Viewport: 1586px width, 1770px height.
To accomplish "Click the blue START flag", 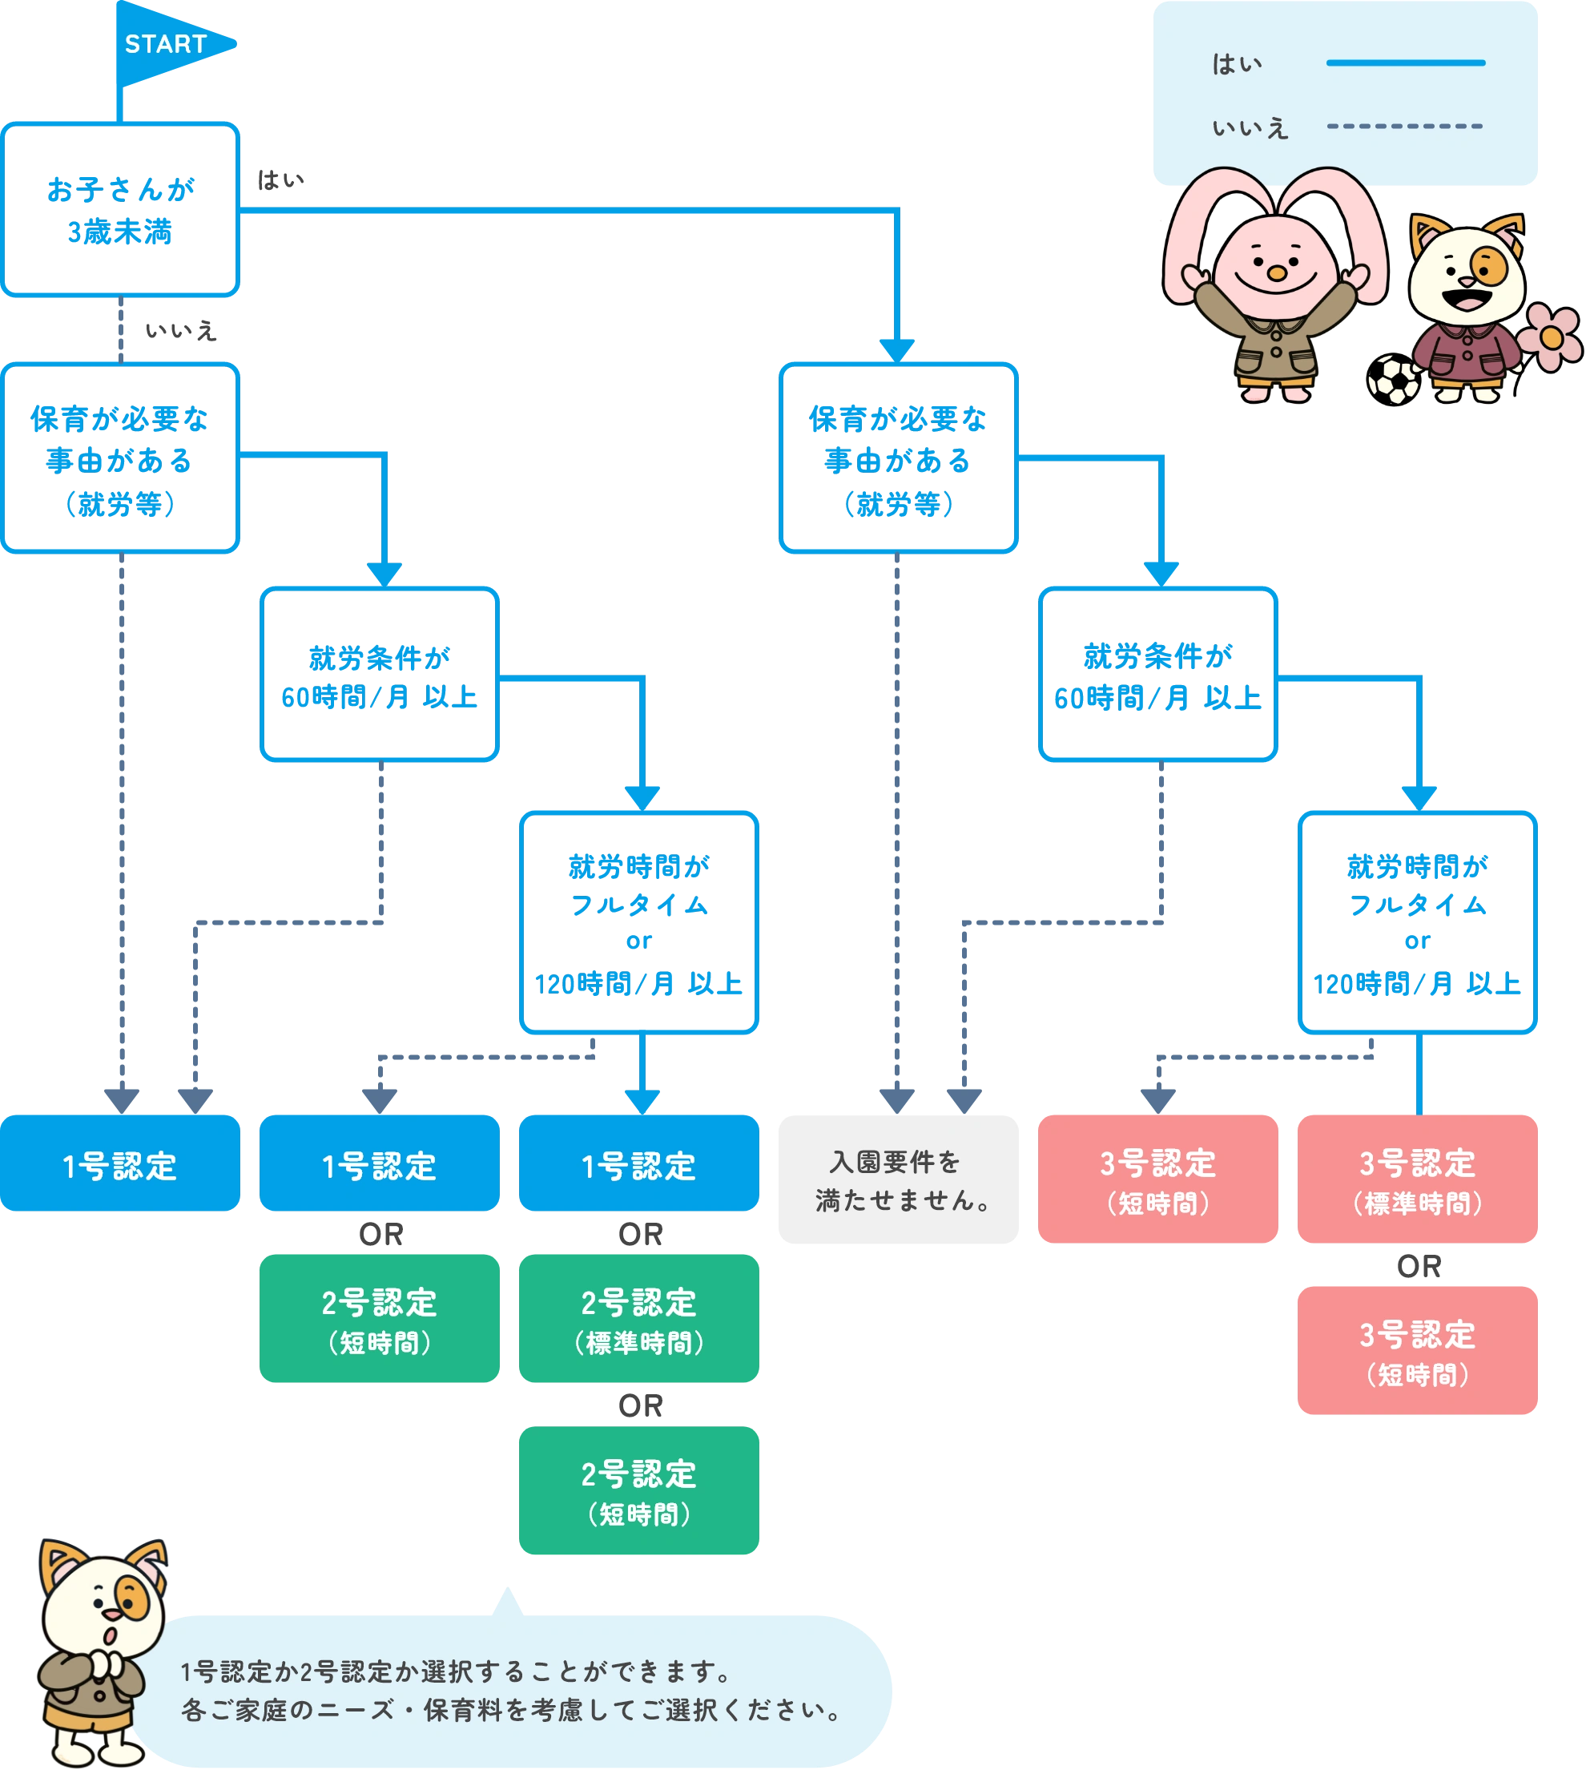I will [x=170, y=43].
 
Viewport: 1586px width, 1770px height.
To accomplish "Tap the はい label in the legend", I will [x=1237, y=63].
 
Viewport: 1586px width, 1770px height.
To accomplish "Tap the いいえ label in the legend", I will [x=1250, y=128].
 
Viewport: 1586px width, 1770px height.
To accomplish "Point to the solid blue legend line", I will [x=1405, y=62].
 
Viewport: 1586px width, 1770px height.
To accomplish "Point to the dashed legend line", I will [x=1404, y=127].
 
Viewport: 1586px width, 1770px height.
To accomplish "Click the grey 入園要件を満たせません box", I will [x=896, y=1181].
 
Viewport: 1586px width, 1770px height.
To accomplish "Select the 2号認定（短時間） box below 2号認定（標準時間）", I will [x=640, y=1490].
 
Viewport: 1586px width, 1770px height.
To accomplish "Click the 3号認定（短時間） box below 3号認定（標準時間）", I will [x=1417, y=1350].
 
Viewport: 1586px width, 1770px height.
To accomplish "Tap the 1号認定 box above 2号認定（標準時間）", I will [x=640, y=1164].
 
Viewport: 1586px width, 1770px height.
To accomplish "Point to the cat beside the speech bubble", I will [x=100, y=1647].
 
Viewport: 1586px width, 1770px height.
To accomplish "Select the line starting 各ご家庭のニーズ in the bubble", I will [x=509, y=1710].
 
